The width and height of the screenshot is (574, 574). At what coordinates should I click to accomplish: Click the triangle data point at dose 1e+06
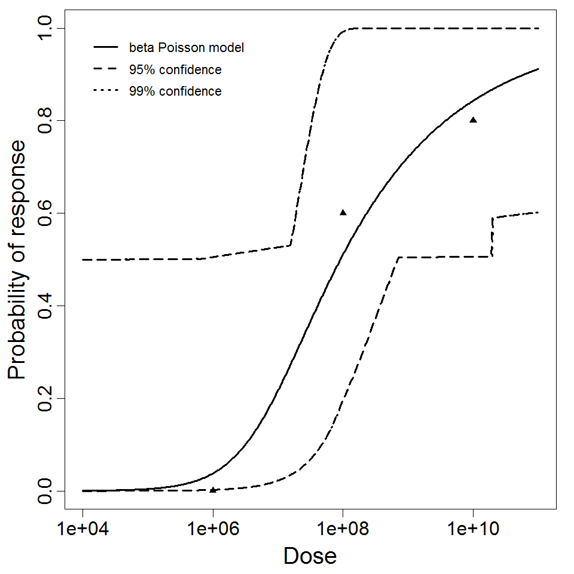tap(213, 490)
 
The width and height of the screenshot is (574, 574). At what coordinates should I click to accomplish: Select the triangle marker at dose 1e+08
tap(343, 212)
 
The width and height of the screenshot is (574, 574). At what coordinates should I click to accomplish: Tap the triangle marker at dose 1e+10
tap(473, 120)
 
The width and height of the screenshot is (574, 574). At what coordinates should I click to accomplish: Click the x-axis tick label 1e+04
tap(83, 529)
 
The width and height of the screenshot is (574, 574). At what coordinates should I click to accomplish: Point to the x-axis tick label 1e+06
tap(213, 529)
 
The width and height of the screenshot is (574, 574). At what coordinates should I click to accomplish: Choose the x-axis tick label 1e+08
tap(343, 529)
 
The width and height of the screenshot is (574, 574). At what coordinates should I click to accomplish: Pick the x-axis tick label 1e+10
tap(473, 529)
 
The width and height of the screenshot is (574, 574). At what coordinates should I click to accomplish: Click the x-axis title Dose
tap(310, 557)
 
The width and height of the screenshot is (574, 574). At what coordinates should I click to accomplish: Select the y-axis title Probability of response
tap(18, 260)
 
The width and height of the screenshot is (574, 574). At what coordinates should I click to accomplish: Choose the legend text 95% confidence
tap(175, 70)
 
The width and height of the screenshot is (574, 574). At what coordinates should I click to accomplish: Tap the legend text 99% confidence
tap(175, 91)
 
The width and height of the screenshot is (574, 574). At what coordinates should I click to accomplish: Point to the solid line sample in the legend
tap(105, 47)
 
